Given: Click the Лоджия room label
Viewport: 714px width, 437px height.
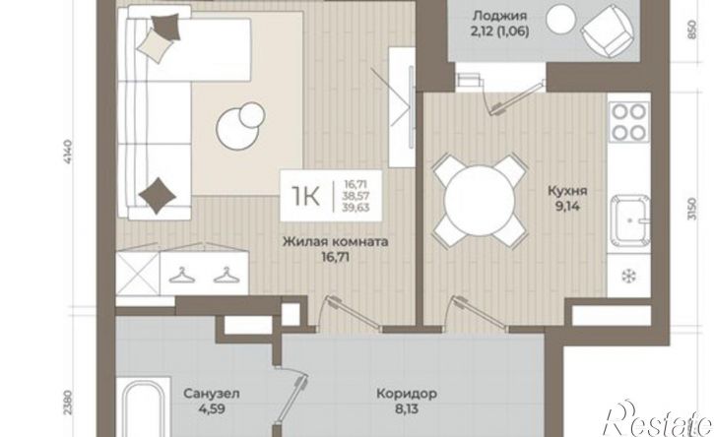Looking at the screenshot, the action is pyautogui.click(x=500, y=17).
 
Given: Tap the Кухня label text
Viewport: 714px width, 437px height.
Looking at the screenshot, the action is pyautogui.click(x=567, y=191).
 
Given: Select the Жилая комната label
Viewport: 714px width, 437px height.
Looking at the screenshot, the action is pyautogui.click(x=336, y=241).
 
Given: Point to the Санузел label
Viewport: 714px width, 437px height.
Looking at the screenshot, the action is pyautogui.click(x=212, y=393).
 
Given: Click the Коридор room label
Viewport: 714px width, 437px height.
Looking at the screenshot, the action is pyautogui.click(x=407, y=393).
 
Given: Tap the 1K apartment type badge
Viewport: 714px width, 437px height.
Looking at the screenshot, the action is pyautogui.click(x=331, y=196).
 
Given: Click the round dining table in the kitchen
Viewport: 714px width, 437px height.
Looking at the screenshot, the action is pyautogui.click(x=480, y=200).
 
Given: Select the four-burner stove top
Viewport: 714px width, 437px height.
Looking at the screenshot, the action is pyautogui.click(x=629, y=121).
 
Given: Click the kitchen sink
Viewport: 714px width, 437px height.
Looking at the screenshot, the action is pyautogui.click(x=630, y=220).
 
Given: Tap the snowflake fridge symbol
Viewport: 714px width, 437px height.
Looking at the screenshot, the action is pyautogui.click(x=629, y=276).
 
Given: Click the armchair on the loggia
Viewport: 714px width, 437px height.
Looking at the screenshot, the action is pyautogui.click(x=607, y=31).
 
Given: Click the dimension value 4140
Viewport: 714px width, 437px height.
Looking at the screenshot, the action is pyautogui.click(x=69, y=153).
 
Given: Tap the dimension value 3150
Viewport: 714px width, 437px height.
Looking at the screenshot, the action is pyautogui.click(x=692, y=209).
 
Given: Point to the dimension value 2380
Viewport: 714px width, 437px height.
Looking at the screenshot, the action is pyautogui.click(x=68, y=402).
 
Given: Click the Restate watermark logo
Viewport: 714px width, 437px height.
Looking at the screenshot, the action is pyautogui.click(x=658, y=419).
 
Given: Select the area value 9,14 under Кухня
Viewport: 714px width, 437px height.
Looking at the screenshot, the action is pyautogui.click(x=567, y=207).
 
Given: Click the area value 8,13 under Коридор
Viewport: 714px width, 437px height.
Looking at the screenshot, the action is pyautogui.click(x=407, y=408).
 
